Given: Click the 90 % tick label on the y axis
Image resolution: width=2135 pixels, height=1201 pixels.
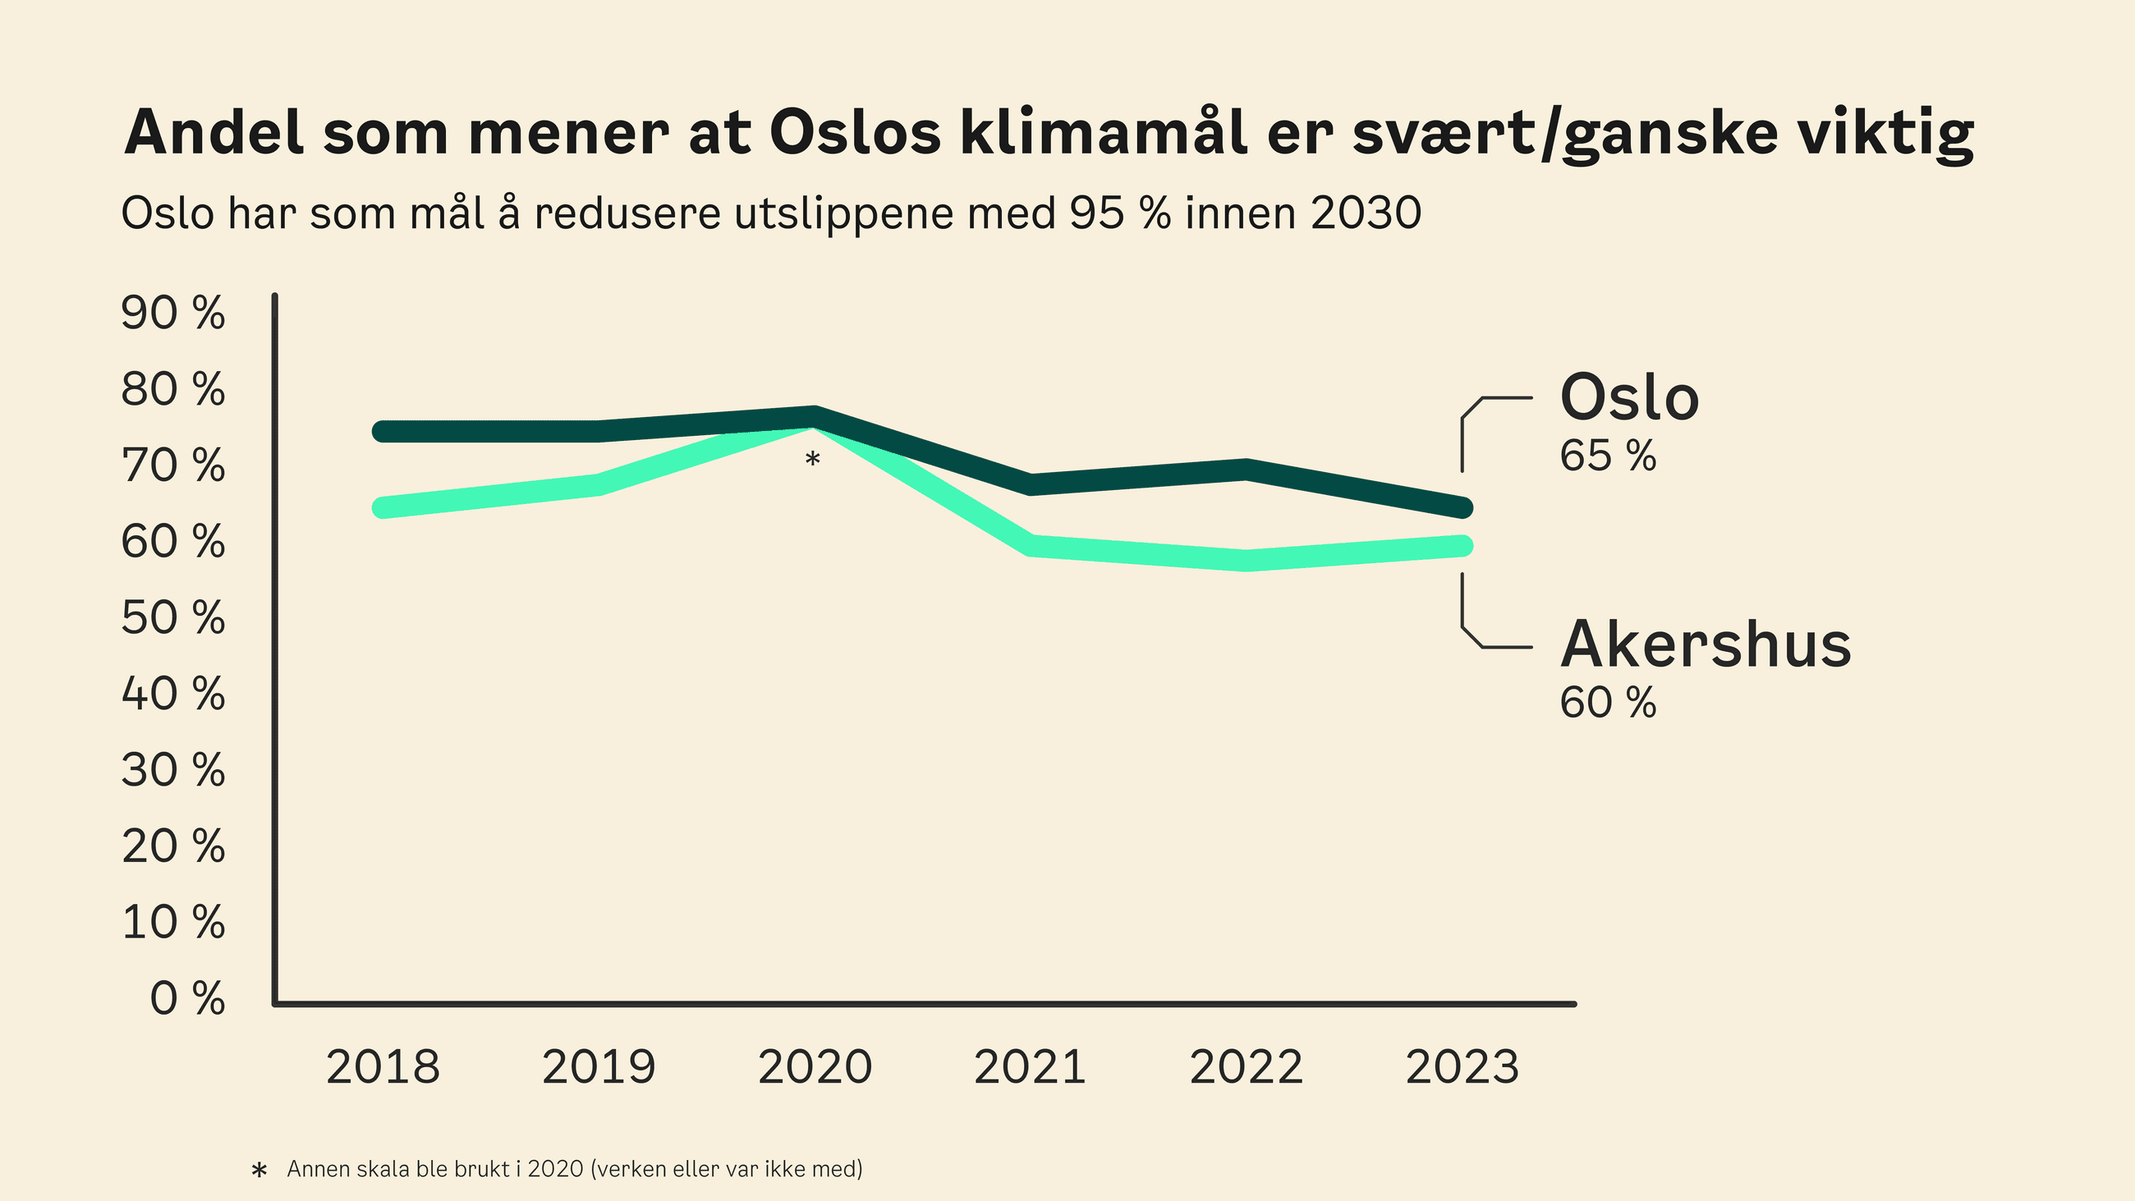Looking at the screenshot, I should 172,314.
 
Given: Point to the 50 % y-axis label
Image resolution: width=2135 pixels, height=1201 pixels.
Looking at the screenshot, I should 172,617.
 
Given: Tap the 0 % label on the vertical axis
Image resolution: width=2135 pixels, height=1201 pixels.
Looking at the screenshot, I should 186,998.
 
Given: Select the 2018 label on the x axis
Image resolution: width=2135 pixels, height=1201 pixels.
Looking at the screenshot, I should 382,1066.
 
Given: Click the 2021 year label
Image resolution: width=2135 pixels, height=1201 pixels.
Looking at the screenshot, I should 1030,1066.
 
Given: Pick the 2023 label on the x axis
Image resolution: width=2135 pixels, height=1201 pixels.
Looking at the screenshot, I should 1462,1066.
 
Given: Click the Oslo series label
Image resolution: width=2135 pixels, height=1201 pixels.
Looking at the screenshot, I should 1628,398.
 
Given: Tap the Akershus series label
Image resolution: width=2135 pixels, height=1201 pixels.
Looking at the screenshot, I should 1705,645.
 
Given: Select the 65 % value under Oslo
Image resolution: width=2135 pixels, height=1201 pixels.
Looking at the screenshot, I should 1607,456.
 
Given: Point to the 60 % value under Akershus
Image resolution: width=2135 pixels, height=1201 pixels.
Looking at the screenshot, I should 1607,703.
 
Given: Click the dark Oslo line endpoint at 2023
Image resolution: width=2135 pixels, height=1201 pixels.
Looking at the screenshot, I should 1462,507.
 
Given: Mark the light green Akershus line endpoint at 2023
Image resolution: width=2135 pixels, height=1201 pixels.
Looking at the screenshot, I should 1462,545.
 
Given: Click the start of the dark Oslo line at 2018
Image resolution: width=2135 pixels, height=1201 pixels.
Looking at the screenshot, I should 382,431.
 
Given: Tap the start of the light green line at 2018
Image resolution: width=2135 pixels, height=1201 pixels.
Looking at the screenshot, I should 382,507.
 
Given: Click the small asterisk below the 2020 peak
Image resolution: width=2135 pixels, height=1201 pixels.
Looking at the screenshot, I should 812,459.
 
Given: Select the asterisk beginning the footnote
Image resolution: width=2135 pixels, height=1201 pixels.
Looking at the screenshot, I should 259,1171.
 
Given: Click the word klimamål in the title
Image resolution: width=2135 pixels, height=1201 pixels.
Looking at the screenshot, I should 1103,133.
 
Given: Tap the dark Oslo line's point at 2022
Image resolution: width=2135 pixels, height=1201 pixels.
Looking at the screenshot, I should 1246,469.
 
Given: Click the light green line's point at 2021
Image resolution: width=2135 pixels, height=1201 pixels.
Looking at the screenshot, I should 1031,545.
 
